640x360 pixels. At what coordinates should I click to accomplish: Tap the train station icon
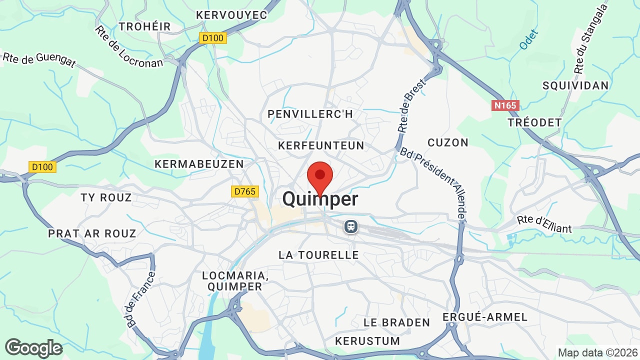pos(351,226)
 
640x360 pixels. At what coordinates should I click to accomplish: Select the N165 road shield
pos(505,105)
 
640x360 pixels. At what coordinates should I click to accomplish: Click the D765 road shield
pos(244,191)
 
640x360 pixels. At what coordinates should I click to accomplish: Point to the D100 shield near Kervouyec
pos(213,38)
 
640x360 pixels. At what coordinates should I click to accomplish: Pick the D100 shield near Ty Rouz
pos(42,167)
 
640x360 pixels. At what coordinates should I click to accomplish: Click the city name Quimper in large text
pos(320,199)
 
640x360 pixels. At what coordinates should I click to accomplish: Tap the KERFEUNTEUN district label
pos(321,145)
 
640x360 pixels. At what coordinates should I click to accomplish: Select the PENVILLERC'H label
pos(310,114)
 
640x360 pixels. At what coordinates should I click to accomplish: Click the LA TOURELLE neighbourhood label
pos(319,255)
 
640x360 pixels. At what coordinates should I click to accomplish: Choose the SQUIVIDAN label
pos(576,85)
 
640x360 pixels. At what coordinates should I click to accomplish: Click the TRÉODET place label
pos(534,122)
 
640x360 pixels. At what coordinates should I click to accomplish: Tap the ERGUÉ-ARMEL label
pos(485,317)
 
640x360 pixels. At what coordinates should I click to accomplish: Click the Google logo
pos(33,348)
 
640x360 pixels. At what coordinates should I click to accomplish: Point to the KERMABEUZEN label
pos(199,164)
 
